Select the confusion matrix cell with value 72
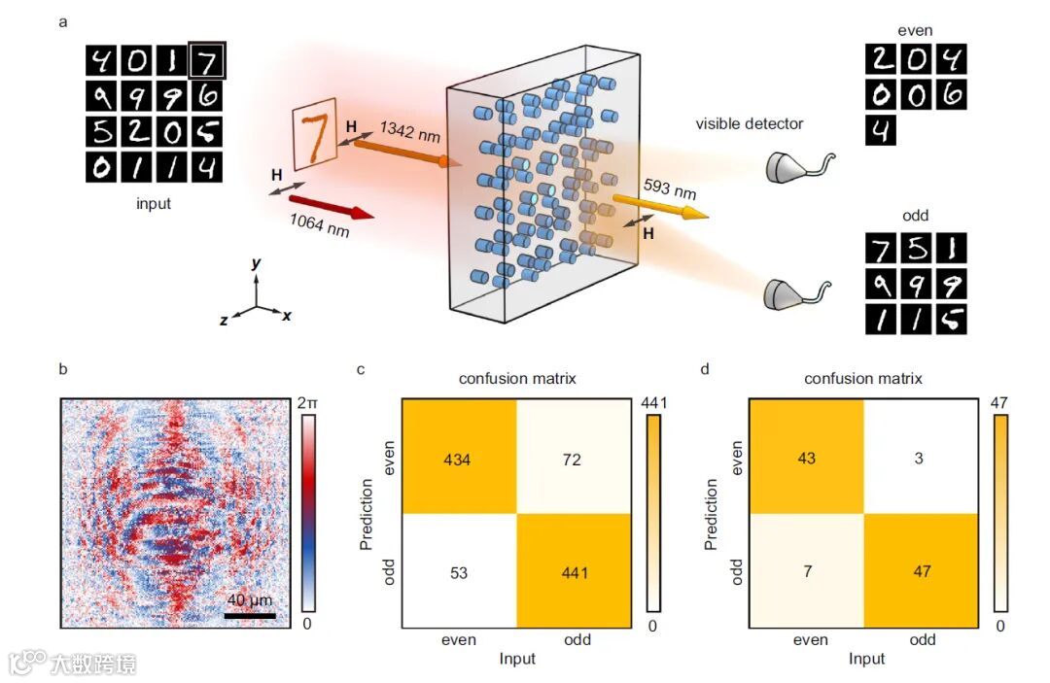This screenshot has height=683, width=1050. (x=572, y=459)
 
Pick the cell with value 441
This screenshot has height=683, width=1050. (x=572, y=572)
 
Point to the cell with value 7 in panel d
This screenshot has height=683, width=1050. (x=807, y=572)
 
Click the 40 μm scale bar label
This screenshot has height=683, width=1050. (x=251, y=601)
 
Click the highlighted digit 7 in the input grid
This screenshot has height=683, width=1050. (x=206, y=60)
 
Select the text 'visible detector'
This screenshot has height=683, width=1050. (x=750, y=123)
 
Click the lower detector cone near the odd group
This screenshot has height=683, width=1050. (x=789, y=292)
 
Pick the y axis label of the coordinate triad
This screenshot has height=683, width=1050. (x=257, y=262)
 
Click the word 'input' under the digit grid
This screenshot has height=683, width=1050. (x=154, y=204)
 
